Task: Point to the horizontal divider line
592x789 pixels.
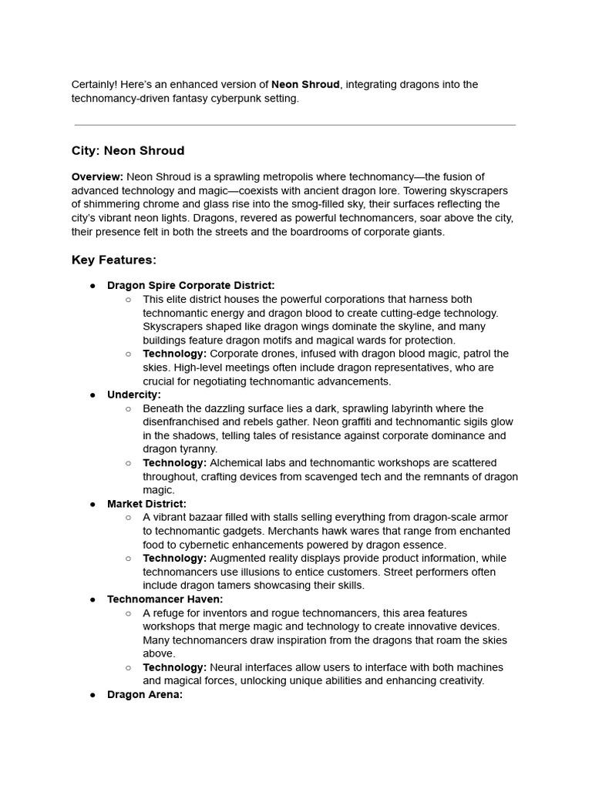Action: pos(295,125)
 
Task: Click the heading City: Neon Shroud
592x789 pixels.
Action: pos(128,150)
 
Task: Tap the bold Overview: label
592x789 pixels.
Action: pos(97,177)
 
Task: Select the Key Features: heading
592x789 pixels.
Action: pos(114,260)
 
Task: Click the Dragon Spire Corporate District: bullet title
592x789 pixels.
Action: pos(190,286)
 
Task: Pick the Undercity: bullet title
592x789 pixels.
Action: pos(134,395)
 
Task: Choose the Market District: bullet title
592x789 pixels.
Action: pos(146,504)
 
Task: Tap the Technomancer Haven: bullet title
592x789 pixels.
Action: pos(165,599)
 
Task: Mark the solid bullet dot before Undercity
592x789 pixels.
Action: pos(92,395)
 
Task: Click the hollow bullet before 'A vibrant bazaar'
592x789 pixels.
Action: pos(129,518)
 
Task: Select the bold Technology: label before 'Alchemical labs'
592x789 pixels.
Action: pos(174,463)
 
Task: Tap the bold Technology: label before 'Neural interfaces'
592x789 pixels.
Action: pos(174,667)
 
